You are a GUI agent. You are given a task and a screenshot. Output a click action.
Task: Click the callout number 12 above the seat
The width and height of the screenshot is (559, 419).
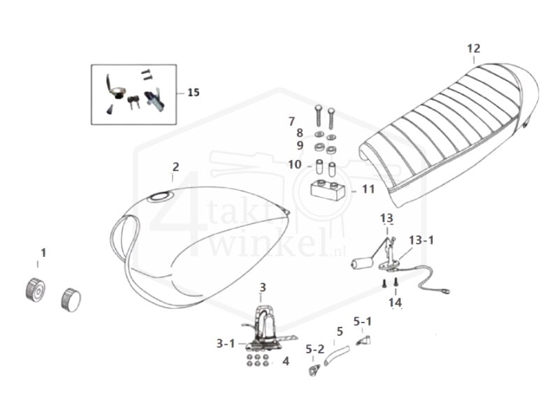[474, 48]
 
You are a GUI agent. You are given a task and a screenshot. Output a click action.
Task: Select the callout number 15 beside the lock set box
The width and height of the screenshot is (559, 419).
[193, 92]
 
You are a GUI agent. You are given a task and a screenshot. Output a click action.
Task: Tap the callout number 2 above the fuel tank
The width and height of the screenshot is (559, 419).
[175, 167]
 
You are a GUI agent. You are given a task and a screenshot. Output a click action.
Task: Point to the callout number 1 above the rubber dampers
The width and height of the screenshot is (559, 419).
[43, 253]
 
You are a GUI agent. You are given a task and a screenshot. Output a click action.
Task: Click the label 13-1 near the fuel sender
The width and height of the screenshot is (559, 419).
[421, 240]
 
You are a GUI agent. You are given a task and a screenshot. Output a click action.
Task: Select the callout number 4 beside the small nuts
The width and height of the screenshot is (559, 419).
[285, 361]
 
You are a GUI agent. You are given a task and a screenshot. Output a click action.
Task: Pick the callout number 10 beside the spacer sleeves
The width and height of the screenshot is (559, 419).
[295, 165]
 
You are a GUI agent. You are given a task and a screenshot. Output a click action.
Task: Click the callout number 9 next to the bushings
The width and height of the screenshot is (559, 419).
[299, 145]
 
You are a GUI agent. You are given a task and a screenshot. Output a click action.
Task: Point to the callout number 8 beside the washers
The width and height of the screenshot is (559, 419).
[299, 133]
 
